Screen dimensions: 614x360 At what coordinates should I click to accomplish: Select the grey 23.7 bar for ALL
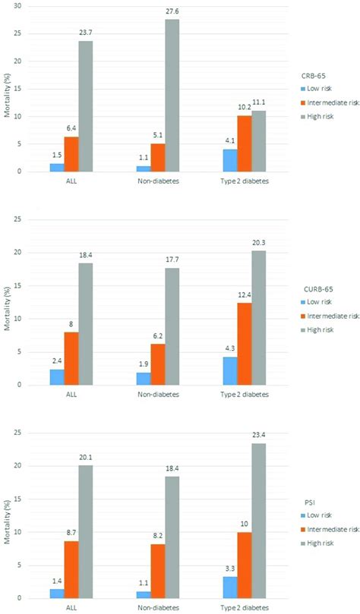[85, 106]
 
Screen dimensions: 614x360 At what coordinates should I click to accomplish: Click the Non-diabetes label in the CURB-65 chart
[158, 395]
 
